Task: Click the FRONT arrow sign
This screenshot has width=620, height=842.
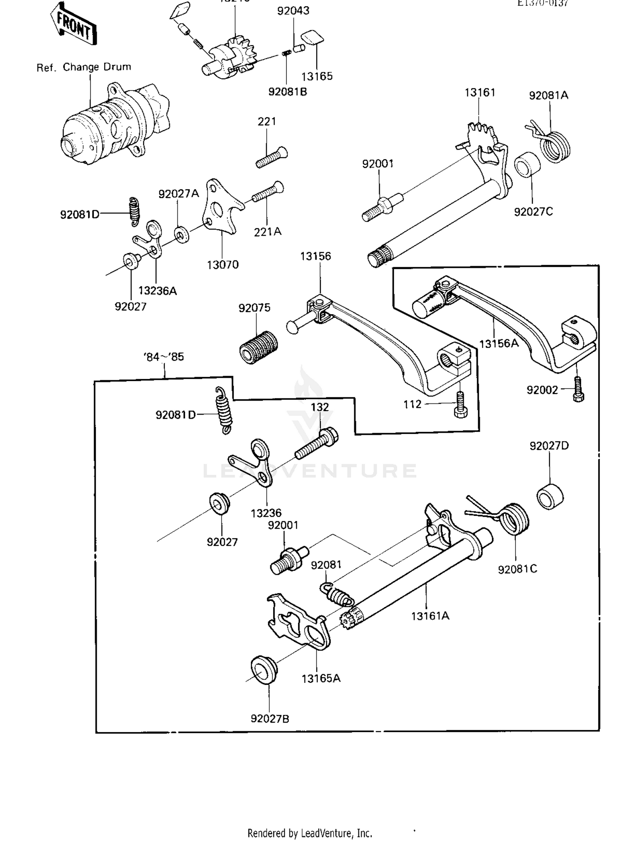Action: click(74, 24)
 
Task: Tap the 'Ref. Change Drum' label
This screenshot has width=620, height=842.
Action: click(84, 67)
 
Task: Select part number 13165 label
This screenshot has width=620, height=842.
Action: click(317, 76)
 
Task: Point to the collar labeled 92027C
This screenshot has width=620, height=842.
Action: click(527, 165)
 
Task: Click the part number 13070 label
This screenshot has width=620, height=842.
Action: click(223, 265)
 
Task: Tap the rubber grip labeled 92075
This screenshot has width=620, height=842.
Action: click(258, 347)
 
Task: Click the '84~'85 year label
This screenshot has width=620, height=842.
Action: click(164, 357)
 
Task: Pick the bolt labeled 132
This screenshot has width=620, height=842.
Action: click(316, 445)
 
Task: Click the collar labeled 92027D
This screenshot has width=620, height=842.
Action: click(550, 496)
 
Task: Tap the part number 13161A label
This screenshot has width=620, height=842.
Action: click(430, 616)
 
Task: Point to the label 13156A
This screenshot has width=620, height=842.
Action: click(499, 343)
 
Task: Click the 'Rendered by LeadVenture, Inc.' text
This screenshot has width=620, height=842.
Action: click(310, 832)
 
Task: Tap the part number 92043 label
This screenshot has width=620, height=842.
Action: click(293, 11)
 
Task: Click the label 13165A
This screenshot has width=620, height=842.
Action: click(321, 678)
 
